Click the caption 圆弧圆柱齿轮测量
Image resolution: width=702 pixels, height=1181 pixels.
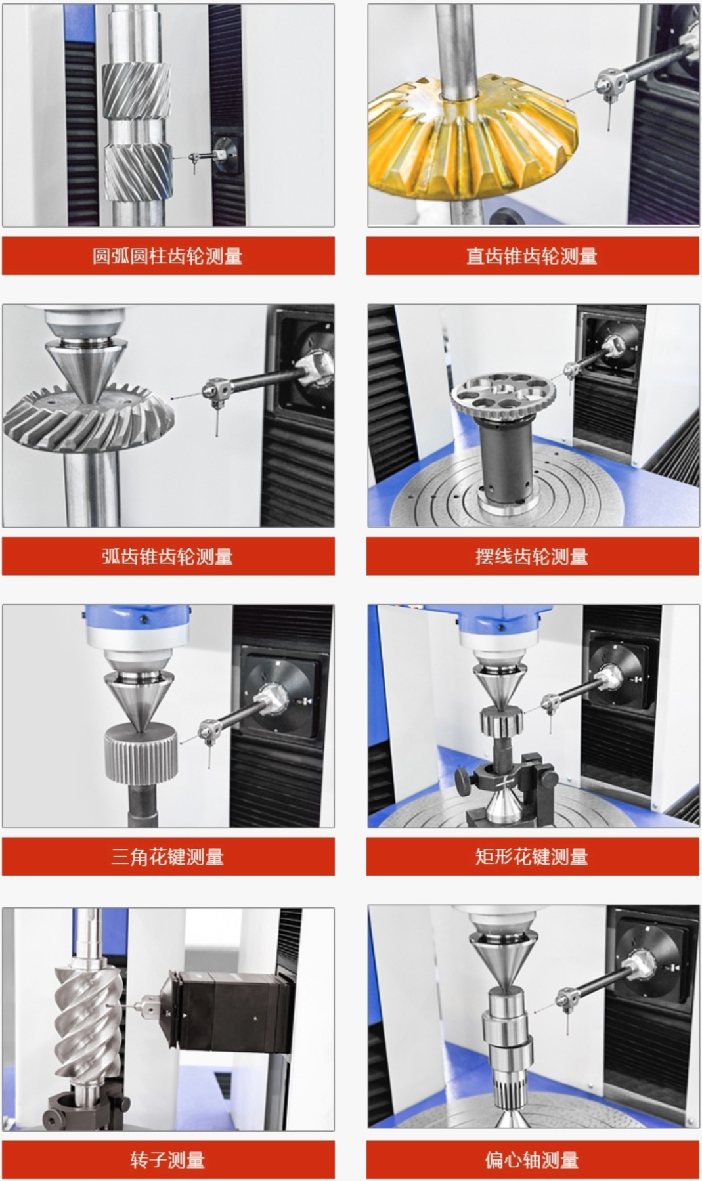point(167,255)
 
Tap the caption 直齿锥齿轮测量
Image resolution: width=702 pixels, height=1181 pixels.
point(532,255)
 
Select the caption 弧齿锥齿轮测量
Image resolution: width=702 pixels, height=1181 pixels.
point(167,556)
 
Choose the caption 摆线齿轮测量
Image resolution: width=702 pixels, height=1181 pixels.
point(532,556)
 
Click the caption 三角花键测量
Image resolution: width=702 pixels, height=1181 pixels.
point(167,856)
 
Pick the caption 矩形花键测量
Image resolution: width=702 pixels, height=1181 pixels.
point(532,856)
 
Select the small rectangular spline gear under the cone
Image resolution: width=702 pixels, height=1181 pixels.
point(500,722)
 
